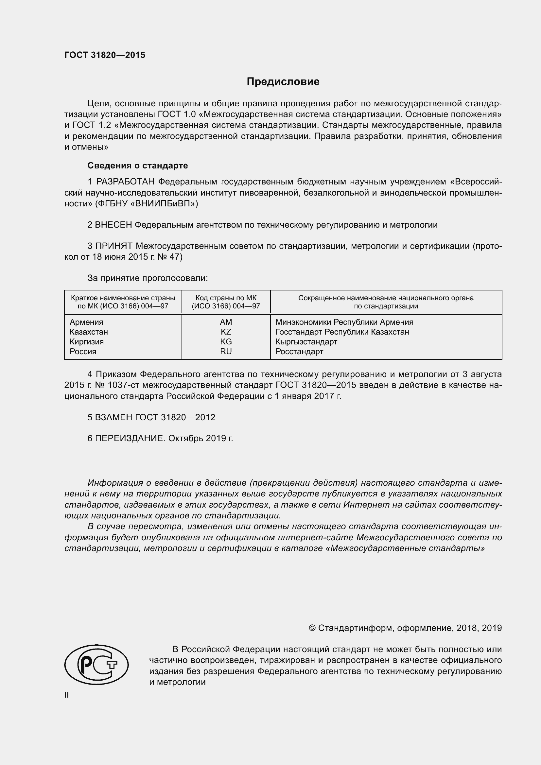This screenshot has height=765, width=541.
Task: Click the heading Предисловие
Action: [x=283, y=82]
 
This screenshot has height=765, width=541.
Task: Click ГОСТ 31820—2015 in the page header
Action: [x=105, y=55]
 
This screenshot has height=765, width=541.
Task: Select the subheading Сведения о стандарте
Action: [x=138, y=165]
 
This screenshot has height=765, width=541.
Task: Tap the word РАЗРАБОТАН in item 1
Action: [x=125, y=182]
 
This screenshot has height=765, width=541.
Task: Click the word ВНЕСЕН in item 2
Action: [x=113, y=225]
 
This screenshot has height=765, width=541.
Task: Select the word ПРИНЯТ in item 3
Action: [x=114, y=246]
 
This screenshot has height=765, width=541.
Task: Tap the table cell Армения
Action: [x=86, y=322]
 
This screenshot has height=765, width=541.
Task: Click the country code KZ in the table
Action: [x=226, y=332]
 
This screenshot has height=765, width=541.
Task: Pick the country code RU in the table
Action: [x=226, y=352]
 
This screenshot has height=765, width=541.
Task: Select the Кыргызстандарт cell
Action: [x=306, y=342]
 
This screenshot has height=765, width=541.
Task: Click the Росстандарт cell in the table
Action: [x=299, y=352]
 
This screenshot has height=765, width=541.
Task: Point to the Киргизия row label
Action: [x=87, y=342]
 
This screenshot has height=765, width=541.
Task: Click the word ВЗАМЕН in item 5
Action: [x=113, y=417]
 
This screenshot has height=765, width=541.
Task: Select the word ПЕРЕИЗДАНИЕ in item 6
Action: [x=130, y=438]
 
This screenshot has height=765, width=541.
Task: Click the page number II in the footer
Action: [x=67, y=695]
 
